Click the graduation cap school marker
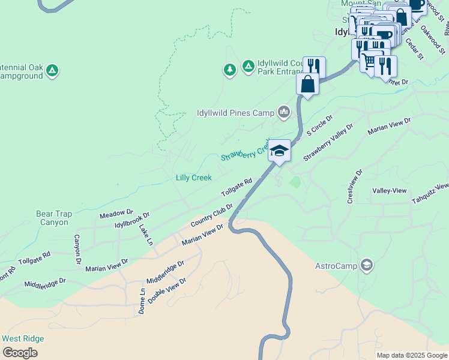pos(279,150)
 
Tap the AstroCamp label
pos(336,265)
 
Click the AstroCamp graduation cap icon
pos(366,265)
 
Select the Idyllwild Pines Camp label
pos(235,112)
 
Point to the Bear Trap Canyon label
pos(54,218)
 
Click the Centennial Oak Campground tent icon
pos(53,71)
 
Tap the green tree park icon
pos(229,70)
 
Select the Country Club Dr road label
pos(211,215)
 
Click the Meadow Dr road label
pos(116,213)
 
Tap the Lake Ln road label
pos(146,234)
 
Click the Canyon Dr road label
pos(77,250)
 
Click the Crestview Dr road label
pos(355,186)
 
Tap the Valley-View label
pos(389,190)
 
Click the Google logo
pos(20,353)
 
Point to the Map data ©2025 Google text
pos(412,355)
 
